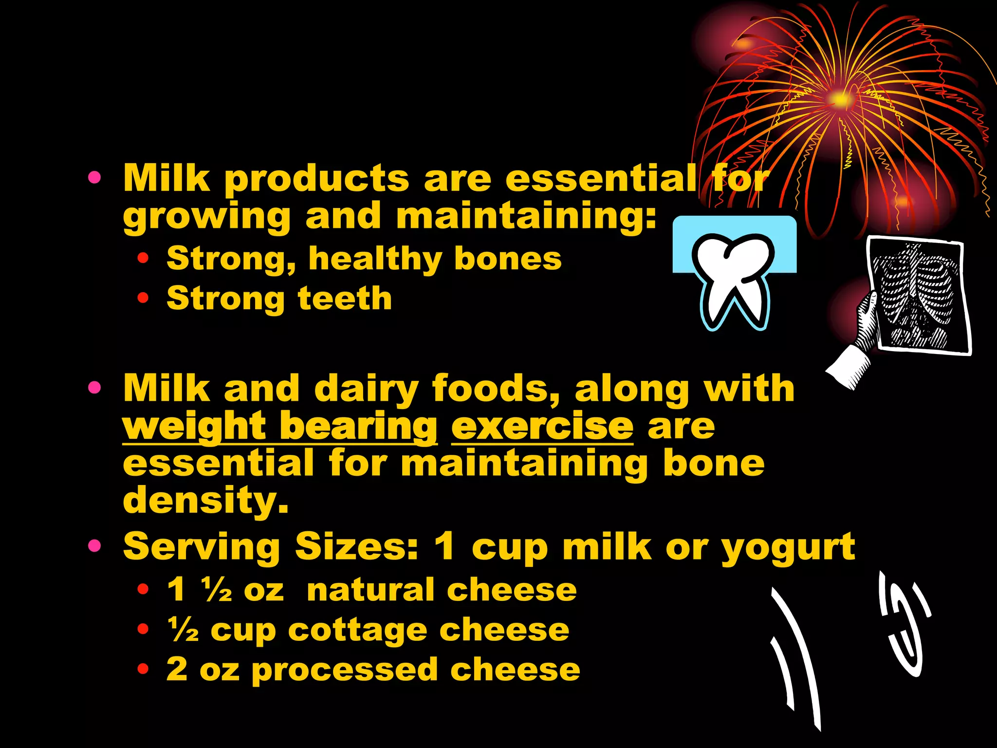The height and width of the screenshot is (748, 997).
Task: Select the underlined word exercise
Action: point(542,426)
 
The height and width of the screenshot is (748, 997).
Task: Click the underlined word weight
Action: point(194,426)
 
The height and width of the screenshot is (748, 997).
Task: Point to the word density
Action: point(205,500)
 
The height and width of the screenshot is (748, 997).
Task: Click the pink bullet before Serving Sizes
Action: point(94,546)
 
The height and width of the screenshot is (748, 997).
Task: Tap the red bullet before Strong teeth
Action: point(143,298)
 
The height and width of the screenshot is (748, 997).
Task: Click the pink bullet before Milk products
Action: point(94,178)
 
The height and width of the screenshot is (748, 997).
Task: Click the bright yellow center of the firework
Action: point(840,99)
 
